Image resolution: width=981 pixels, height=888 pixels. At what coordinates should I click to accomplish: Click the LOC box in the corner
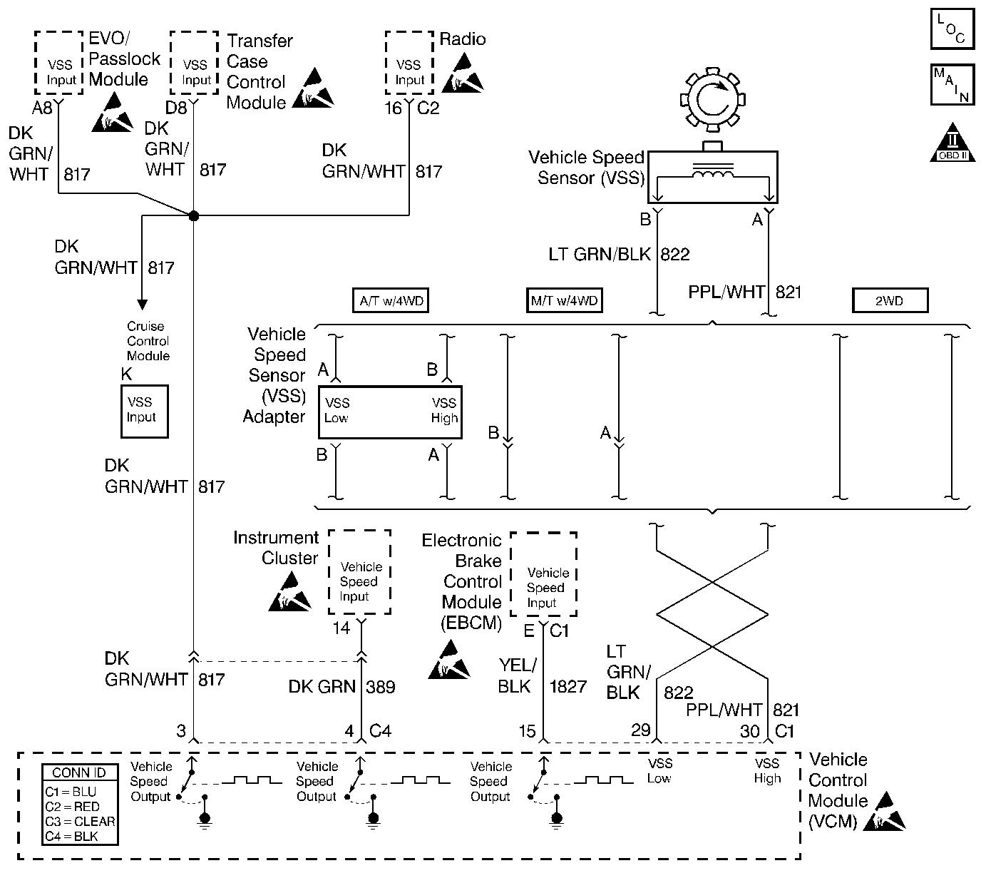pos(953,29)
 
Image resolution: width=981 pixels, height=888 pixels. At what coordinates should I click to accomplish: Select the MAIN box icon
pos(953,85)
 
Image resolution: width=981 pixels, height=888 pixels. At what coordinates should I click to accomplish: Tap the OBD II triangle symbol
pos(952,143)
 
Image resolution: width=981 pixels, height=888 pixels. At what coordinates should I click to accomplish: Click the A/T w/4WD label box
pos(391,300)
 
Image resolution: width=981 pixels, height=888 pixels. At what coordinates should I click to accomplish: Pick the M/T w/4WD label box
pos(564,300)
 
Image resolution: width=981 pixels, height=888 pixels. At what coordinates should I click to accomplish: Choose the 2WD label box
pos(890,300)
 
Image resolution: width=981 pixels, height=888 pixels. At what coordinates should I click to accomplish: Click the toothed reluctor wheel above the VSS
pos(713,100)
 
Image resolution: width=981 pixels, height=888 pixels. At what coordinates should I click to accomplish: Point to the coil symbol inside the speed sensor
pos(713,171)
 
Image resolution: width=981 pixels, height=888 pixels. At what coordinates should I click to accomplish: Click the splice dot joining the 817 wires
pos(194,216)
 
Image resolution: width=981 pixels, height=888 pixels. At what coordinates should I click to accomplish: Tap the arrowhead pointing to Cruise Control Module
pos(142,305)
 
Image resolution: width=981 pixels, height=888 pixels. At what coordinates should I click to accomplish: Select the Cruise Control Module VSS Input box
pos(145,412)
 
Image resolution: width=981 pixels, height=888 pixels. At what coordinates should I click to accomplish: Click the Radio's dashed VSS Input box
pos(409,63)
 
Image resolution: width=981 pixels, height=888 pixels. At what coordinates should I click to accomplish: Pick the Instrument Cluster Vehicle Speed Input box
pos(359,572)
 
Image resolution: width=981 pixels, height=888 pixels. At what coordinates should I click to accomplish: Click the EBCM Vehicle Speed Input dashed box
pos(544,574)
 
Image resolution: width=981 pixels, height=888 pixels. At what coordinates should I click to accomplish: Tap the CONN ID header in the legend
pos(79,773)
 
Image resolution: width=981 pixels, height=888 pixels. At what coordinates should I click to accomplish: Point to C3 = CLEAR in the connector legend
pos(80,822)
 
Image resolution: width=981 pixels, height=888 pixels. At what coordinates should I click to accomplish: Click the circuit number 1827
pos(568,686)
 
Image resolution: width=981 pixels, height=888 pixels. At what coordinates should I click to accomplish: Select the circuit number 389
pos(381,687)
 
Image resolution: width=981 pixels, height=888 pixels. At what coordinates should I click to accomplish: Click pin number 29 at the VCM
pos(641,730)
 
